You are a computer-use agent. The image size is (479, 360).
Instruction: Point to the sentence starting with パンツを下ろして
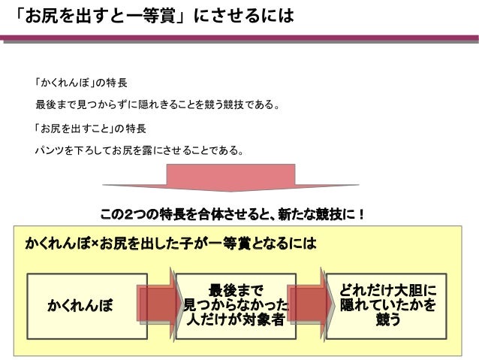140,150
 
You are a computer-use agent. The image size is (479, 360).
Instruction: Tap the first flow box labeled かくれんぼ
81,306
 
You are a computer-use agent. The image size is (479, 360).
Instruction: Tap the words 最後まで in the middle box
236,289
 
